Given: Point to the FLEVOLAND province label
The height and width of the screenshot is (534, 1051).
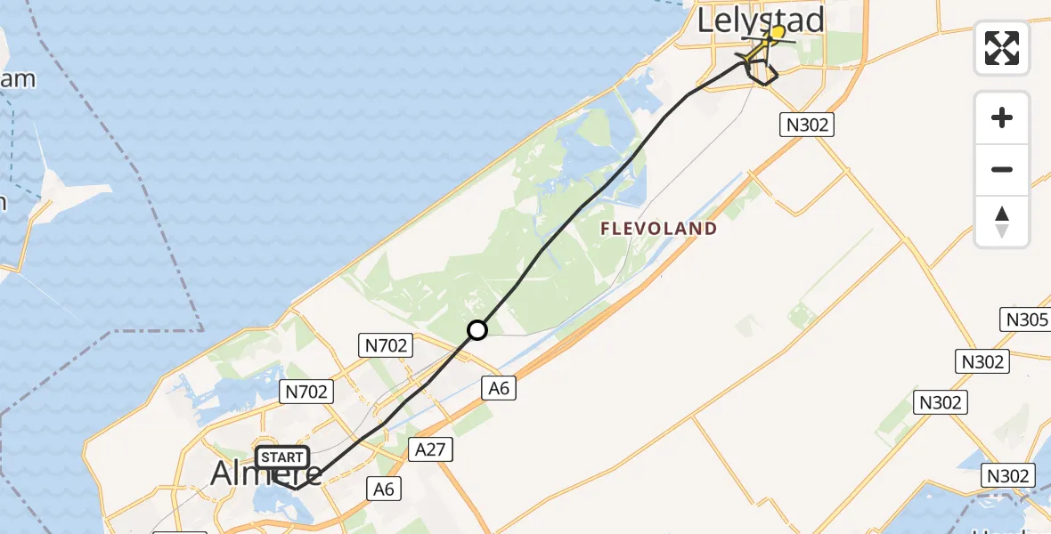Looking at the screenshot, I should coord(658,229).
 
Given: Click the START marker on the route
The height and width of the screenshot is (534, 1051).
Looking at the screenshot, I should coord(283,457).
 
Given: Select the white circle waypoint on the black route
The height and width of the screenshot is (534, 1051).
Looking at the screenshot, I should coord(477,330).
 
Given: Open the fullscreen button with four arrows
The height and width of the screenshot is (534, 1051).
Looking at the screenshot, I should coord(1002,48).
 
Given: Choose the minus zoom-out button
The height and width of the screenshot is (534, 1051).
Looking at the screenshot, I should coord(1002,169).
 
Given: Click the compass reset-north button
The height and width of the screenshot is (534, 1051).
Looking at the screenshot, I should coord(1002,222).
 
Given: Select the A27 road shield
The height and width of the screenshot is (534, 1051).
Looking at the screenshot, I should coord(430,449).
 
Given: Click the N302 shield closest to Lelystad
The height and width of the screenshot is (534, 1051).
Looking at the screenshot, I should coord(807,125).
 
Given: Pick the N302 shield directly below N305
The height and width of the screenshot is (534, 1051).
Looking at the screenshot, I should coord(982,361).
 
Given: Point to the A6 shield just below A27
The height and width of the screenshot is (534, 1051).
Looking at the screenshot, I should coord(384,488).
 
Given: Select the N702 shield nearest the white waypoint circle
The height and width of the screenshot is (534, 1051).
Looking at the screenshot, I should coord(384,345).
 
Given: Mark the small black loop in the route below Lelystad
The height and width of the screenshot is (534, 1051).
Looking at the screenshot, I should coord(762,75).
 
